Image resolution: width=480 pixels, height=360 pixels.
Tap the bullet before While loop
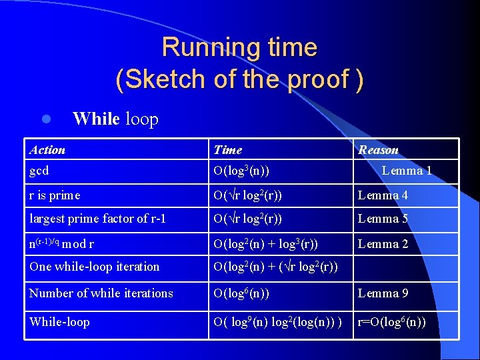click(46, 120)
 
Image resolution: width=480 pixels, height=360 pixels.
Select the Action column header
click(48, 150)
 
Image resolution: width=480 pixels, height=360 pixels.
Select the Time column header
click(227, 150)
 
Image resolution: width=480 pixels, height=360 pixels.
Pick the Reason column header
click(378, 150)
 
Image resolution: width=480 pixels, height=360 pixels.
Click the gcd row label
click(39, 171)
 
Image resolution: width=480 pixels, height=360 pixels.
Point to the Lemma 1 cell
click(407, 171)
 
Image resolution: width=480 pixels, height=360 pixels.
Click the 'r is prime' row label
click(55, 195)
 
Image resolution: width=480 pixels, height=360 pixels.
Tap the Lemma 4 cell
click(383, 195)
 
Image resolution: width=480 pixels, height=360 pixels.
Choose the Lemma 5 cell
click(383, 219)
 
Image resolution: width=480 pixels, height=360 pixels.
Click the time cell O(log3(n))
click(241, 171)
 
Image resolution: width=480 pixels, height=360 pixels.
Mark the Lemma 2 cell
click(383, 244)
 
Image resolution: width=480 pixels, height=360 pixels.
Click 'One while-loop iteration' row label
click(95, 267)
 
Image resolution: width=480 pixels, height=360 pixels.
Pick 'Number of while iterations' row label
click(101, 293)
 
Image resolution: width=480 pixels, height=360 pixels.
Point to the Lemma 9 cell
click(383, 293)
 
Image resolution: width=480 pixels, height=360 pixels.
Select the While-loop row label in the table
click(59, 322)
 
